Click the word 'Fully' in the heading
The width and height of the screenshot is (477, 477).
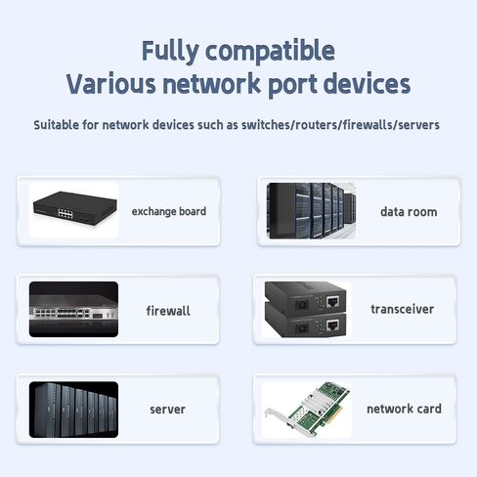pos(170,51)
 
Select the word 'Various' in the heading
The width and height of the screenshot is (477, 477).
pos(111,83)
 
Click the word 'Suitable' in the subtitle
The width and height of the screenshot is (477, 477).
pos(56,125)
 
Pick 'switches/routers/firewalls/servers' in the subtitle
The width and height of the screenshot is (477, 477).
pos(340,125)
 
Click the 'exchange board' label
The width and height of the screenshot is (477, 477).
pos(169,211)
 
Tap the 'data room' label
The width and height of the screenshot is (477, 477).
pos(409,212)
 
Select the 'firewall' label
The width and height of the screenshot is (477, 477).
pos(168,311)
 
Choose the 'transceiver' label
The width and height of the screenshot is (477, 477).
pos(403,309)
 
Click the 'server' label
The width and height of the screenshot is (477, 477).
pos(167,410)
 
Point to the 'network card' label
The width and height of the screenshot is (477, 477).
pos(404,409)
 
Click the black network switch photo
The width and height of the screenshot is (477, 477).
pos(75,208)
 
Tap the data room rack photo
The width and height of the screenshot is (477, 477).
pos(311,210)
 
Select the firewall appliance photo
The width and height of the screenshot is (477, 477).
pos(73,309)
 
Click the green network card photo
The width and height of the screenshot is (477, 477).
pos(307,409)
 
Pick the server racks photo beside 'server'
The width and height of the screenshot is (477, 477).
pos(73,410)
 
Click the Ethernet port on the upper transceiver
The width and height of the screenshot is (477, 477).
pos(333,302)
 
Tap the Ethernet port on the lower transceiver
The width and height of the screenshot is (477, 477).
pos(333,325)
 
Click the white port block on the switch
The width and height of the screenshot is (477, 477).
pos(65,213)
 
